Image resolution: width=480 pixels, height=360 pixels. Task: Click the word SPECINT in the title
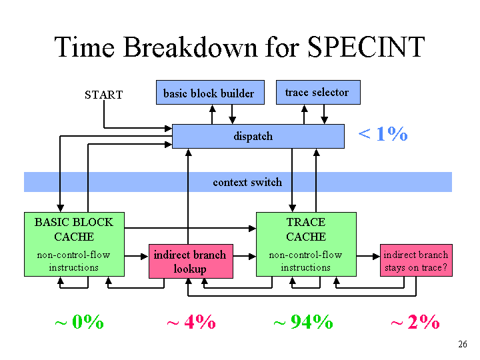click(x=366, y=47)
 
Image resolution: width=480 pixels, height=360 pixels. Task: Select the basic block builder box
click(x=210, y=93)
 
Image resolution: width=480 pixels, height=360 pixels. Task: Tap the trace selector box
click(x=318, y=92)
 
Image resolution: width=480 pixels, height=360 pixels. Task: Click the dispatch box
click(x=258, y=136)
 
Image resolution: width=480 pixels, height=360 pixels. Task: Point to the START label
click(x=104, y=95)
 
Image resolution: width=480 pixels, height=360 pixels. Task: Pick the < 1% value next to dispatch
click(x=383, y=134)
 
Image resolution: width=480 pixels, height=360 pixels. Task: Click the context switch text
click(x=247, y=182)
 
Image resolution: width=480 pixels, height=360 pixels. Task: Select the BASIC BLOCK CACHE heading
click(x=74, y=229)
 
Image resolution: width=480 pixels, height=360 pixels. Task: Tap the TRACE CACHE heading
click(x=306, y=229)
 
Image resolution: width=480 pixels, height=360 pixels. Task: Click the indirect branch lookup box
click(x=191, y=261)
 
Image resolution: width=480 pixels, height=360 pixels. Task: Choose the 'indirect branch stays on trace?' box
click(x=416, y=261)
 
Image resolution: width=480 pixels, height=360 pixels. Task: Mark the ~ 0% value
click(x=79, y=322)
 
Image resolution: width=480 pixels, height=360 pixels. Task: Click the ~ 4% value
click(x=191, y=322)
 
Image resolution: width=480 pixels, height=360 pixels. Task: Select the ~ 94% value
click(x=303, y=322)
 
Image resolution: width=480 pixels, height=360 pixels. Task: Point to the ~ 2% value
click(x=415, y=322)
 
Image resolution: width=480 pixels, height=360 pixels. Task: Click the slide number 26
click(x=463, y=344)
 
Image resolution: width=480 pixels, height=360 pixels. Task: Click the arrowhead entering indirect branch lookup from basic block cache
click(x=145, y=256)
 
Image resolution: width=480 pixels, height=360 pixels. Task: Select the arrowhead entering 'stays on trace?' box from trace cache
click(x=376, y=256)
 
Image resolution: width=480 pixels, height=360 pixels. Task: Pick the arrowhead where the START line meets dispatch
click(x=169, y=128)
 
